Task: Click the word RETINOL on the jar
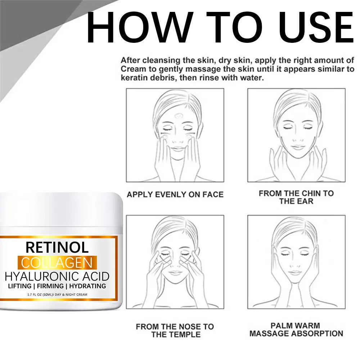pos(57,247)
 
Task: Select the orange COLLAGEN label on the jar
pos(57,263)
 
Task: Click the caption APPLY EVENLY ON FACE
pos(175,195)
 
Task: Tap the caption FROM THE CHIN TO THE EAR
pos(296,197)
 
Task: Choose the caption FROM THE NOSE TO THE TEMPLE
pos(175,330)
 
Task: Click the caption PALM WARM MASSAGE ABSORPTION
pos(296,330)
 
